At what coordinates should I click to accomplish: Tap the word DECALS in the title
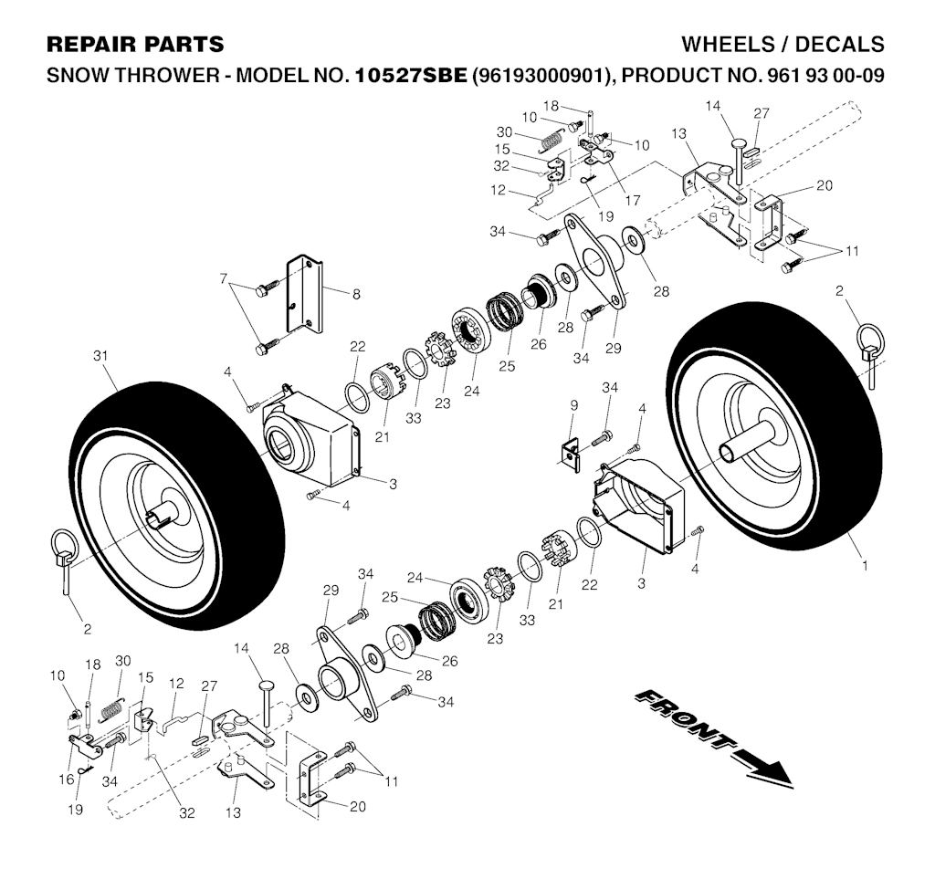coord(840,44)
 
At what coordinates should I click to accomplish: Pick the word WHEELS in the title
coord(726,44)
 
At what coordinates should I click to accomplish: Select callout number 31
coord(100,356)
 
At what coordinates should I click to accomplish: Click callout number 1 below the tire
coord(866,566)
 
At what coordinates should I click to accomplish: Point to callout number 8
coord(356,295)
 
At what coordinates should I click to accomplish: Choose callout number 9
coord(573,406)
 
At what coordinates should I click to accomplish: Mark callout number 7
coord(224,278)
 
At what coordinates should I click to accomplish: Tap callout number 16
coord(67,780)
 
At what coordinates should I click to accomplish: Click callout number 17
coord(633,201)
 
